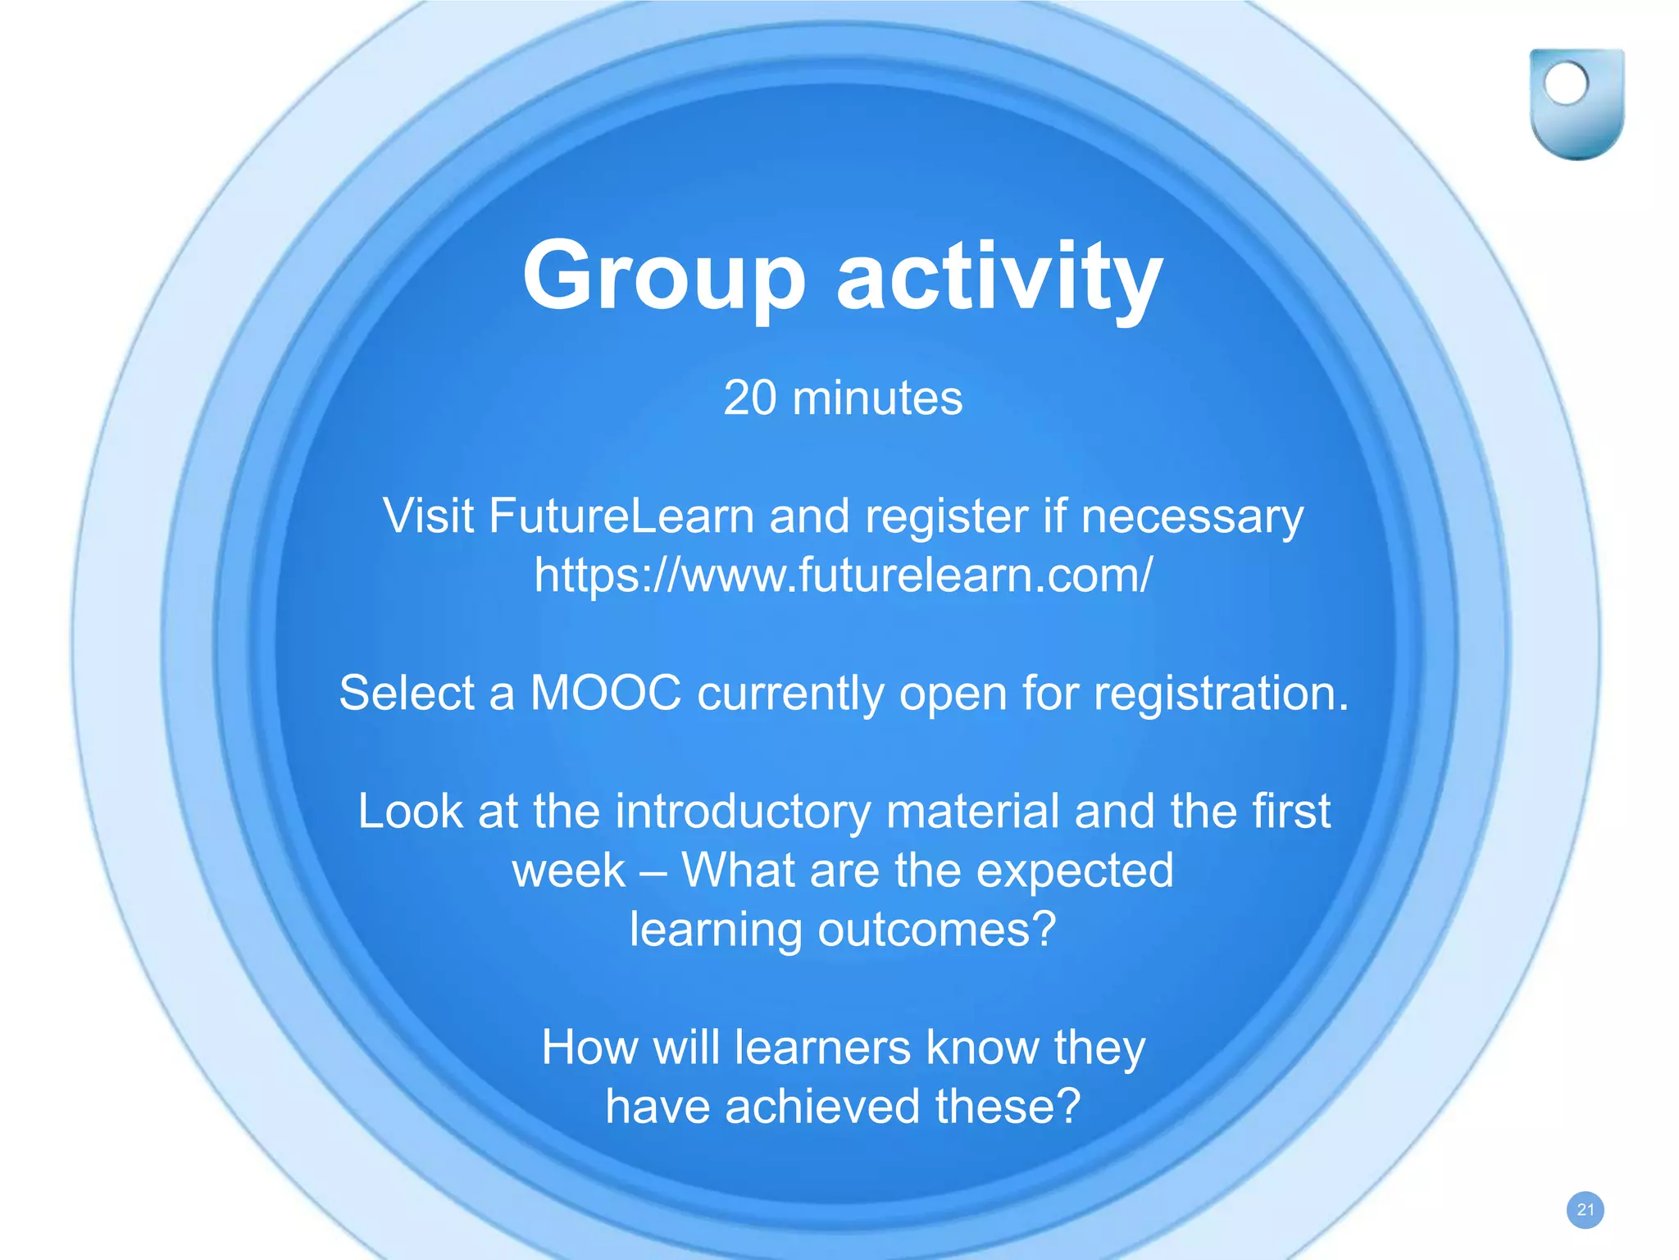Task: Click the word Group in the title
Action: point(664,277)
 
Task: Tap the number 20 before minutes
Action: point(749,398)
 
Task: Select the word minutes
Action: point(877,398)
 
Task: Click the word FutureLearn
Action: point(621,516)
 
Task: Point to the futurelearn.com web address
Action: point(843,575)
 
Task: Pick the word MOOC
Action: point(606,693)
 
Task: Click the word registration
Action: point(1221,693)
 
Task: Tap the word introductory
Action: point(743,812)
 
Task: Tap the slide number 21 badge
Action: point(1585,1210)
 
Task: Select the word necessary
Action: point(1192,516)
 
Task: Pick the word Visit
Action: point(428,516)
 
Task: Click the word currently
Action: point(790,693)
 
